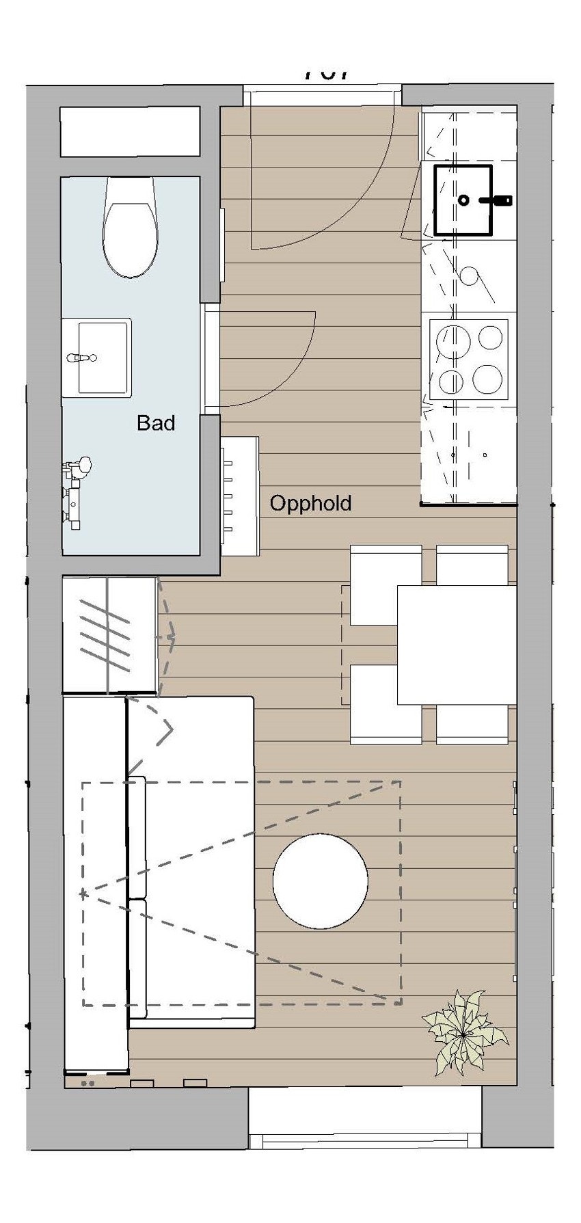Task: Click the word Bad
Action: (156, 422)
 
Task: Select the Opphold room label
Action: (310, 504)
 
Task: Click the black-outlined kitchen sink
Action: (463, 200)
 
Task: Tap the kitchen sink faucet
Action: (497, 200)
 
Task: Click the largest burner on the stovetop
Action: (488, 378)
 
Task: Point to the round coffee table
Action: (321, 881)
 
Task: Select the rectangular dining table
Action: (457, 645)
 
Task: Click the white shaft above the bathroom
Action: (130, 131)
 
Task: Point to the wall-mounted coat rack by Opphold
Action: (239, 496)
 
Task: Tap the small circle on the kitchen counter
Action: (470, 275)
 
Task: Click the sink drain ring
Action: (463, 200)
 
